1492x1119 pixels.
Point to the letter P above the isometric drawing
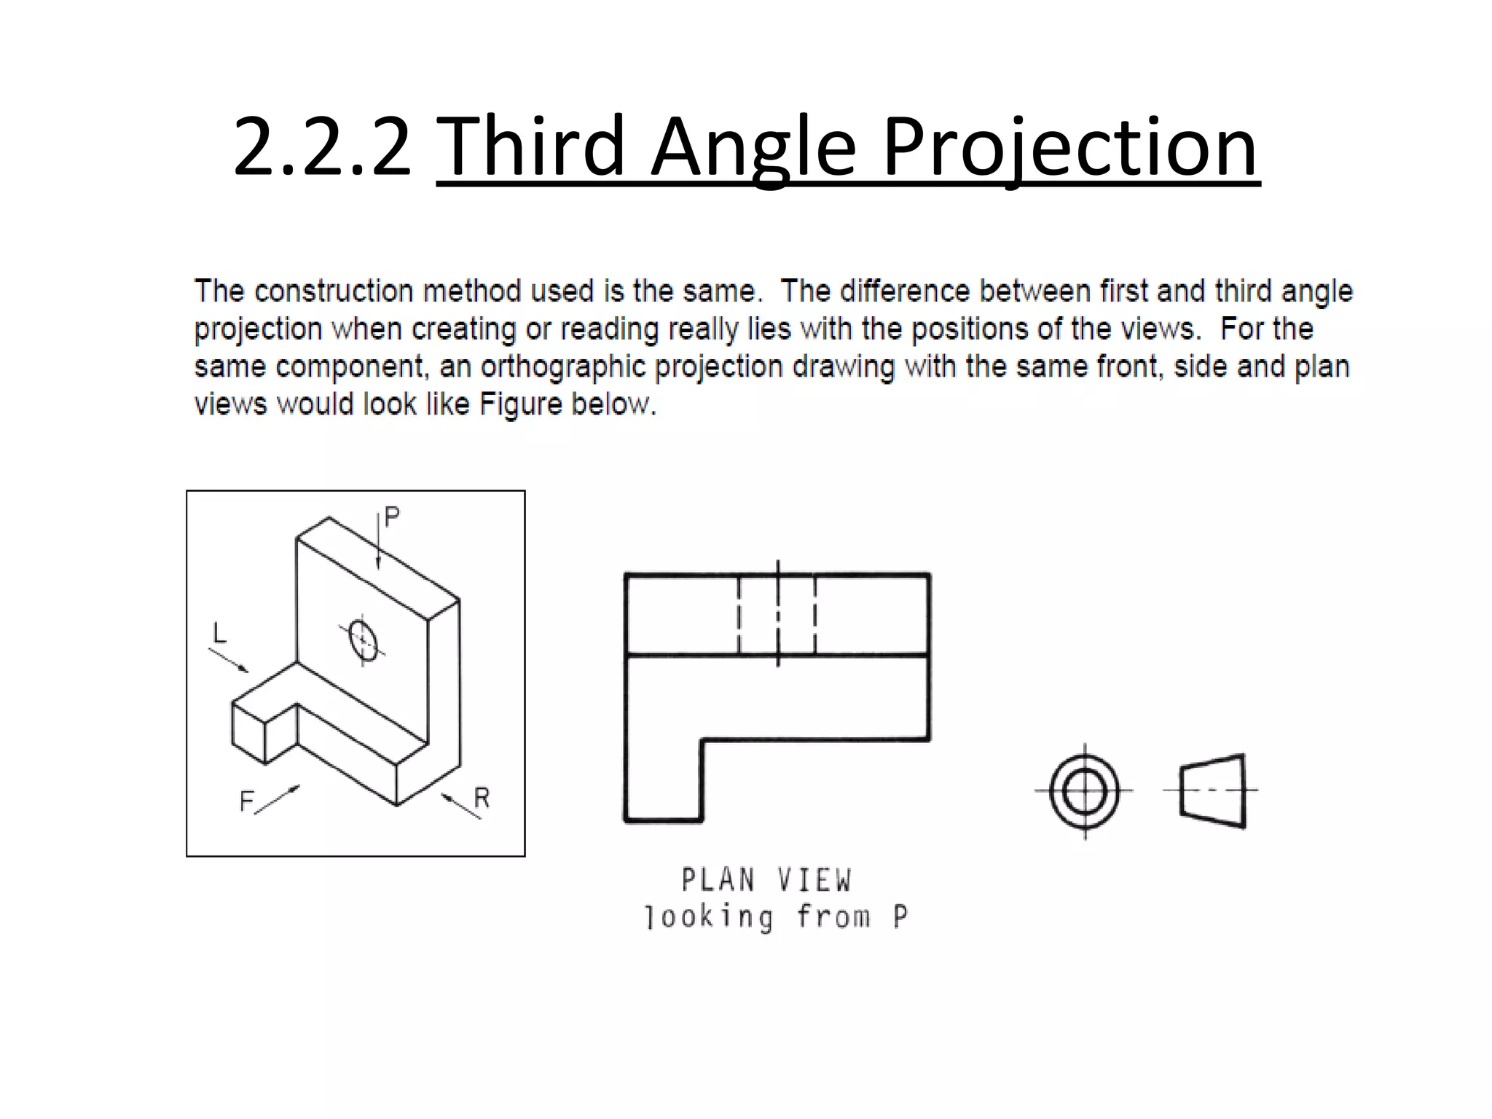(392, 517)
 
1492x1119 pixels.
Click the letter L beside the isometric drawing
(219, 633)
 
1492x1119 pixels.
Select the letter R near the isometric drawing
(482, 798)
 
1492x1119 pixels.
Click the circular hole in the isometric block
(363, 640)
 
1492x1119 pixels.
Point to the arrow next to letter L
(229, 660)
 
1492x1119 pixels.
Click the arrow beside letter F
(278, 798)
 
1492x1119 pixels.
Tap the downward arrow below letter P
(378, 543)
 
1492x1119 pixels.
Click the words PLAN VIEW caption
(766, 880)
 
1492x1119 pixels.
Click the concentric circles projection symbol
(1085, 791)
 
